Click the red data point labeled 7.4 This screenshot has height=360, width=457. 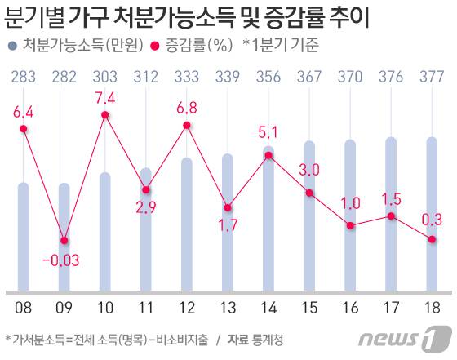pos(105,115)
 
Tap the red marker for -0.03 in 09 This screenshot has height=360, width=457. pos(64,240)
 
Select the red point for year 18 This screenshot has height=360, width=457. pos(432,238)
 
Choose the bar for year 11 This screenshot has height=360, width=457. pos(146,229)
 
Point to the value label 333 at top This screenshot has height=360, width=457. pos(187,77)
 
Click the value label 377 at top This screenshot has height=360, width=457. pos(432,77)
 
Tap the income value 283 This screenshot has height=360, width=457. pos(24,77)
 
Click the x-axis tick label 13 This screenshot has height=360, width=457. pos(228,307)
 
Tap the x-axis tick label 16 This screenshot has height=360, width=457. pos(350,307)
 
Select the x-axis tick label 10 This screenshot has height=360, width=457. pos(105,307)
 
